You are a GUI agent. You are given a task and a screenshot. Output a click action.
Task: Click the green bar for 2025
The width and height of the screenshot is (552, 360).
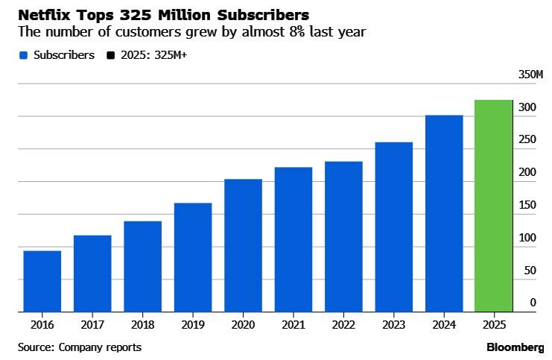(493, 206)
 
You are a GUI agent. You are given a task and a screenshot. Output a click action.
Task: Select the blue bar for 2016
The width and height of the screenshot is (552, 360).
(42, 281)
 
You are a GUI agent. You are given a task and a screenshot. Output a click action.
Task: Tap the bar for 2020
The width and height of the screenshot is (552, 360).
(243, 245)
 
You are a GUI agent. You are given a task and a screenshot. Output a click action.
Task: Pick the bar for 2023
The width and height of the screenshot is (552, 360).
(393, 227)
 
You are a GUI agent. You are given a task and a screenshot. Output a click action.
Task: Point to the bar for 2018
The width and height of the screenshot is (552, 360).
(142, 266)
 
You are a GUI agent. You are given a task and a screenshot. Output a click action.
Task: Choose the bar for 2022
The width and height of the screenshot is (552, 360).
(343, 236)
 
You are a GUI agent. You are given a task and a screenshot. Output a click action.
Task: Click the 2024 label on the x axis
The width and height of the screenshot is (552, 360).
(443, 325)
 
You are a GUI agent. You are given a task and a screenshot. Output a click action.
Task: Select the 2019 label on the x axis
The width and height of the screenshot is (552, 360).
(192, 325)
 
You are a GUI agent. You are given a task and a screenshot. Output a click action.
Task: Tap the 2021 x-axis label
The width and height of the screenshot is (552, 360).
(293, 325)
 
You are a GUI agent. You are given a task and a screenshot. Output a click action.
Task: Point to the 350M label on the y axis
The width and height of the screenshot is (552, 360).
(530, 75)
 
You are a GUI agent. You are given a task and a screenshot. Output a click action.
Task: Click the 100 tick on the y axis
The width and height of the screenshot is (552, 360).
(527, 238)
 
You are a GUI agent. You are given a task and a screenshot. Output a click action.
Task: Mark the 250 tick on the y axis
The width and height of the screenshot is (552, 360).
(527, 140)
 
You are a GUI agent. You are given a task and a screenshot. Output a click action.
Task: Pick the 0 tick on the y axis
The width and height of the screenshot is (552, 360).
(533, 303)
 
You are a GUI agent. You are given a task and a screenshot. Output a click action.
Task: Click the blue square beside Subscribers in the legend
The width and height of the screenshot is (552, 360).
(23, 55)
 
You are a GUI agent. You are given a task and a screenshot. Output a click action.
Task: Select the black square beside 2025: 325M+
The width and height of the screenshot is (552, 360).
(110, 55)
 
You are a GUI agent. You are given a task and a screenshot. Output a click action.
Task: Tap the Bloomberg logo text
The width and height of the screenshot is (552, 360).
(515, 347)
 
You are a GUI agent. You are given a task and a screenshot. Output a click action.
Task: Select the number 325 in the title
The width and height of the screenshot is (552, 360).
(136, 15)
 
